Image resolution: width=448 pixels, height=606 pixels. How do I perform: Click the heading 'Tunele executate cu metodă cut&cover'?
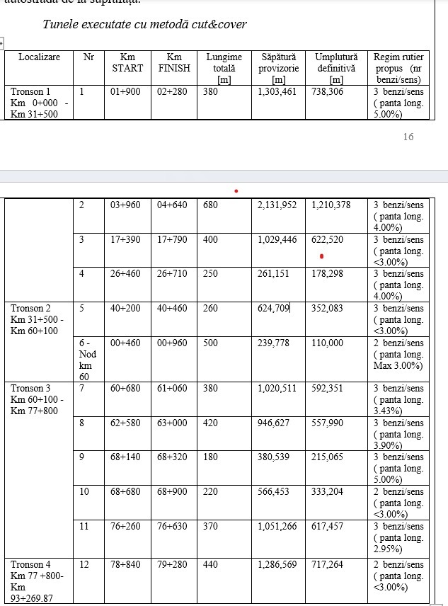point(144,24)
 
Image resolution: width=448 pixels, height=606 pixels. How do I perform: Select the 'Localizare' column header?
point(40,57)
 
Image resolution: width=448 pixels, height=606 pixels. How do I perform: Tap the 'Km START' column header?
point(127,62)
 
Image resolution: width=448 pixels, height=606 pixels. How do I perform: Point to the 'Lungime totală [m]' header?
point(224,68)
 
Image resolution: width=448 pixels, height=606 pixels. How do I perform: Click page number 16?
point(408,137)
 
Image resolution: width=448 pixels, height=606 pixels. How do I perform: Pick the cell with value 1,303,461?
point(277,92)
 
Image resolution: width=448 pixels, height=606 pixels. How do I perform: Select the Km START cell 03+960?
point(125,205)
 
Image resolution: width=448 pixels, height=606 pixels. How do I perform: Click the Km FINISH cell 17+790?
point(173,240)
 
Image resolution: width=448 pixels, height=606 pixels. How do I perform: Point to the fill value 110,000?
point(327,343)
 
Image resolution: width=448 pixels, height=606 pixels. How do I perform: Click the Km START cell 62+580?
point(125,423)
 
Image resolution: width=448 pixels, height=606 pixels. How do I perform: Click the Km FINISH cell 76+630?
point(173,526)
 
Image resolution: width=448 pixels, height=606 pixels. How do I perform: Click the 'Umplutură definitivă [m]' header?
point(336,68)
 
